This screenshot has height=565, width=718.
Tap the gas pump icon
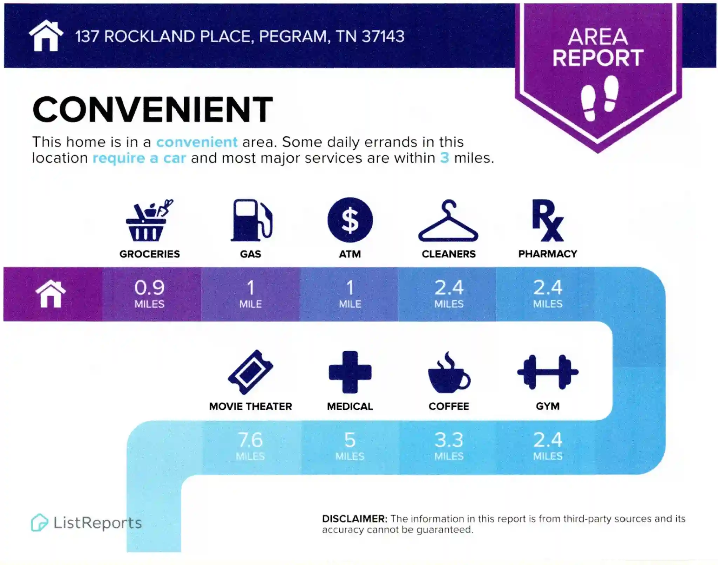click(251, 220)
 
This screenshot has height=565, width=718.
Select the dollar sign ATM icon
click(350, 220)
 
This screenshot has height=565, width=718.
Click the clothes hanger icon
click(448, 221)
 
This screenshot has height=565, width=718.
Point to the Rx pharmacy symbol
click(548, 220)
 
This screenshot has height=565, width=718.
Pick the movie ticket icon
click(250, 372)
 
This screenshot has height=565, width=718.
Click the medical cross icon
click(350, 372)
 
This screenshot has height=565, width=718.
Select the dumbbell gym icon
click(548, 372)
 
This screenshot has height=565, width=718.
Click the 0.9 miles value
click(150, 294)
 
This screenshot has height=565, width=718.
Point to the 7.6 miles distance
click(250, 446)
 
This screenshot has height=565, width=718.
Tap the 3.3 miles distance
click(449, 446)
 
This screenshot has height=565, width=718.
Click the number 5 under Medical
click(350, 440)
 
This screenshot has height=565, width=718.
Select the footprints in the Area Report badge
click(600, 98)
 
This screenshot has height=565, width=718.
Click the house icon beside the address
click(46, 35)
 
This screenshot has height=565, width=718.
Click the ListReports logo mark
click(39, 523)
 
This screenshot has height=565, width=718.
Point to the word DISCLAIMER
click(354, 519)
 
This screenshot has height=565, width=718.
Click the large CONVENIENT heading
click(153, 109)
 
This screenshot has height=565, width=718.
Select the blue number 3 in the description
click(445, 158)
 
